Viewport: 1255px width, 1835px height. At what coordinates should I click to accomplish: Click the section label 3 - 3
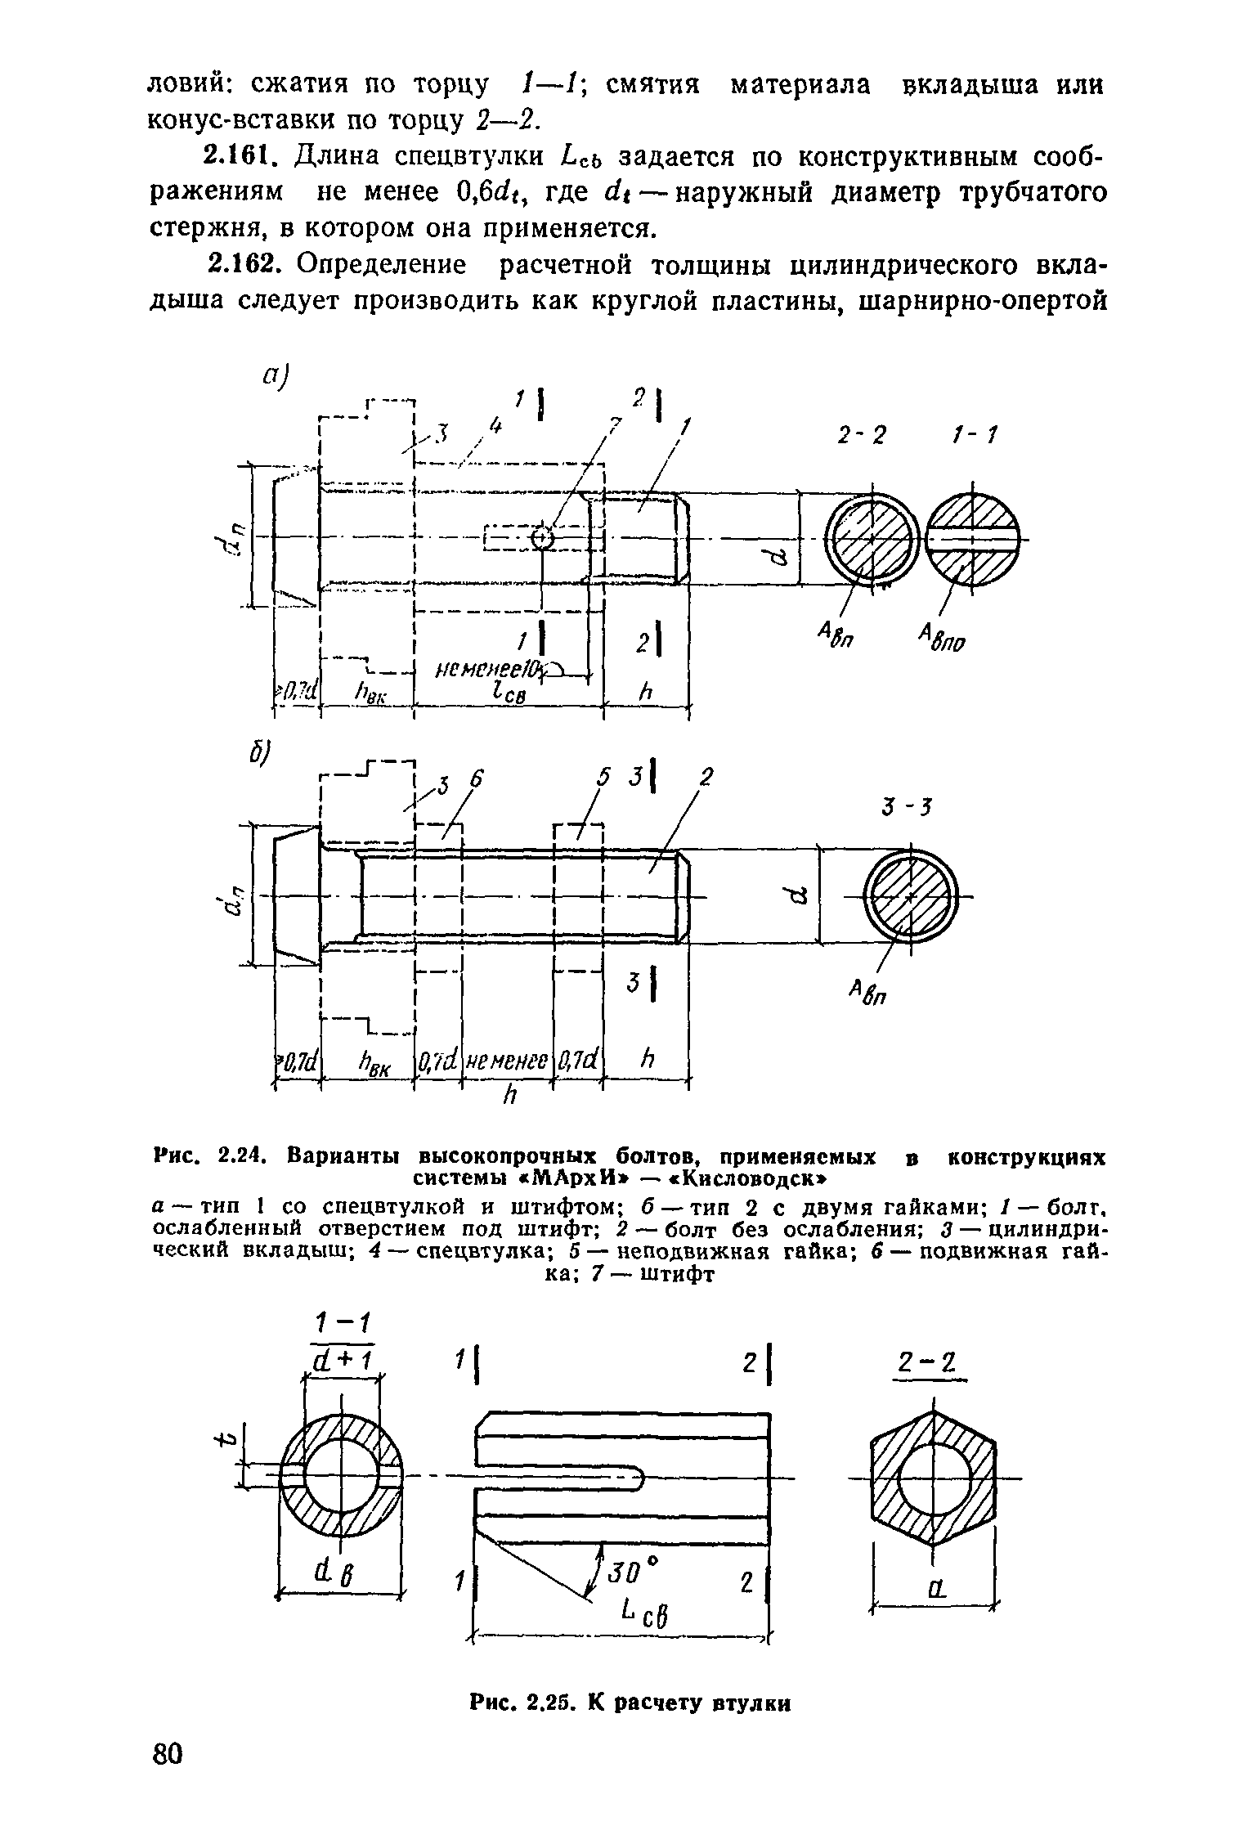tap(908, 808)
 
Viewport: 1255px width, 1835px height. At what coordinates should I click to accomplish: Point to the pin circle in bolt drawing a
tap(542, 538)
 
